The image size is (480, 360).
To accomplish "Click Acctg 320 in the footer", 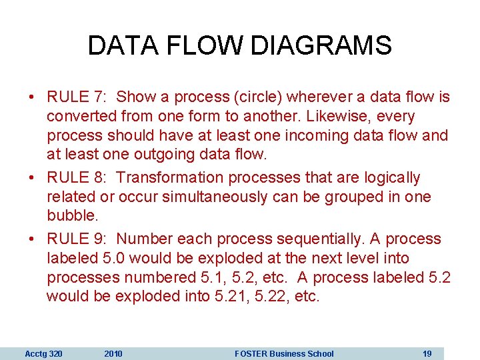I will [x=43, y=353].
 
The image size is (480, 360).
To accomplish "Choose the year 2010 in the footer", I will [x=113, y=353].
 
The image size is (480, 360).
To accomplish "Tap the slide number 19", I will [x=427, y=353].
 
